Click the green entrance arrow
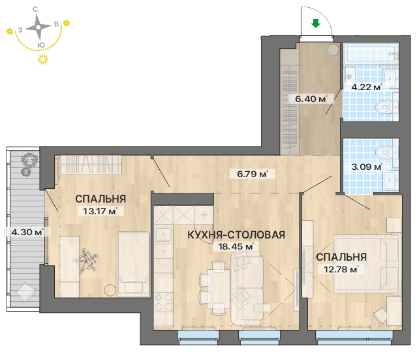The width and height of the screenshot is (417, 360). pos(316,24)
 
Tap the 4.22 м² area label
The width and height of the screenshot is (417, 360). pos(367,87)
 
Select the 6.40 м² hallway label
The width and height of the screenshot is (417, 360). pos(311,99)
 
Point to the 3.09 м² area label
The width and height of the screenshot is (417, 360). pos(367,167)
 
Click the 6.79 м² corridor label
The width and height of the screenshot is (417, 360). pos(252,174)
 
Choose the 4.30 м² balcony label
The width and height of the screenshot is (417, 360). pos(27,232)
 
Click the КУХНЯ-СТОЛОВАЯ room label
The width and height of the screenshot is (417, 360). pos(236,235)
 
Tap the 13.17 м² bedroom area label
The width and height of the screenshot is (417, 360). pos(100,212)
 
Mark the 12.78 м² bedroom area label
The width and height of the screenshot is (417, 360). pos(341,269)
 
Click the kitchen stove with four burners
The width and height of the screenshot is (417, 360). pos(164,302)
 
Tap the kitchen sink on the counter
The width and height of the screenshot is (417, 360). pos(162,234)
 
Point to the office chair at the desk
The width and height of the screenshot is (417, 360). pos(85,260)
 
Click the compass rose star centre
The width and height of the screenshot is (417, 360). pos(39,27)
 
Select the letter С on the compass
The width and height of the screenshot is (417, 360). pos(35,9)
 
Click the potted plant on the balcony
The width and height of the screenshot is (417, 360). pos(29,163)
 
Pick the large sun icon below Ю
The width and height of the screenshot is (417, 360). pos(43,59)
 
